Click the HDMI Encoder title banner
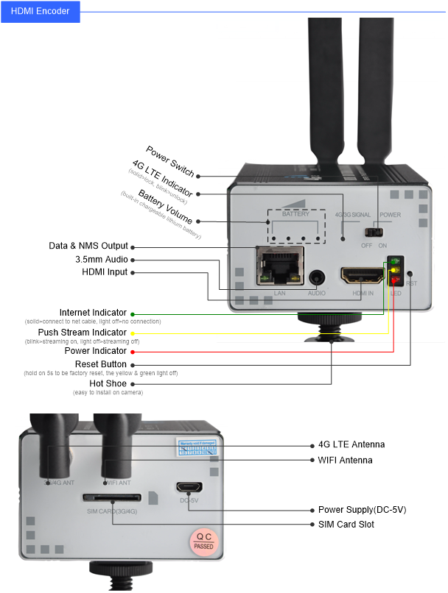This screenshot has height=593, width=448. pos(40,11)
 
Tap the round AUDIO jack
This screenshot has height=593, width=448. pos(317,278)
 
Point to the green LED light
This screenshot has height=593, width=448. pos(396,261)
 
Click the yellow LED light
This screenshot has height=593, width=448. pos(396,271)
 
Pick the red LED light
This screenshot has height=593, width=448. pos(396,280)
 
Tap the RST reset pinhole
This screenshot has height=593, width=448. pos(410,273)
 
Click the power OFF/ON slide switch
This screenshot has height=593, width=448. pos(377,232)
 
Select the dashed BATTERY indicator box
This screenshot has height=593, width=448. pos(295,227)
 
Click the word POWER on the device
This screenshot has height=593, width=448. pos(390,215)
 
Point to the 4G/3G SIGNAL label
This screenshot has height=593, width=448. pos(352,215)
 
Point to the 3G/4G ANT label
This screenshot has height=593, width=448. pos(60,483)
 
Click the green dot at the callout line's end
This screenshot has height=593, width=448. pos(133,314)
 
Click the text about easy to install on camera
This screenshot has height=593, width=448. pos(108,393)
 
